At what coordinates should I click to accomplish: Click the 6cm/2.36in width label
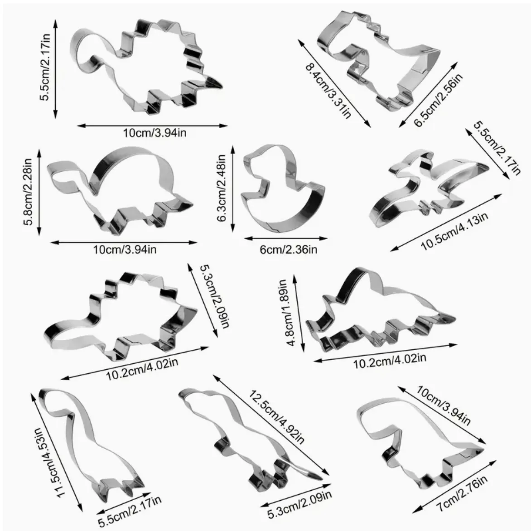(x=289, y=250)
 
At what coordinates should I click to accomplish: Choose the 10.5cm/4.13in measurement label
(x=454, y=232)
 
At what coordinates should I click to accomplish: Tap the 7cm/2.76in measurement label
(x=461, y=494)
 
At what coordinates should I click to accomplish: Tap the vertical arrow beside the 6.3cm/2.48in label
(x=233, y=188)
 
